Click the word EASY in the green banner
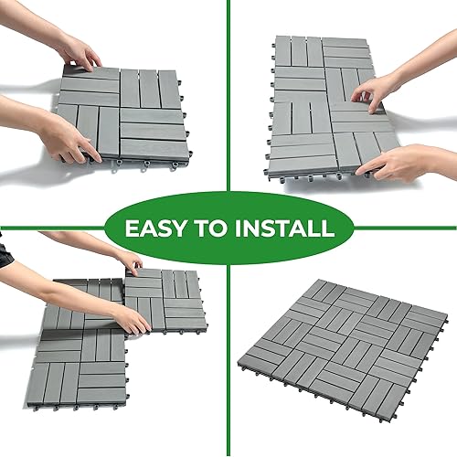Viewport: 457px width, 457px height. click(154, 227)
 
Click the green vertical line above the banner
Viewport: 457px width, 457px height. click(228, 91)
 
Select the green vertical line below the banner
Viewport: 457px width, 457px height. click(228, 366)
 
